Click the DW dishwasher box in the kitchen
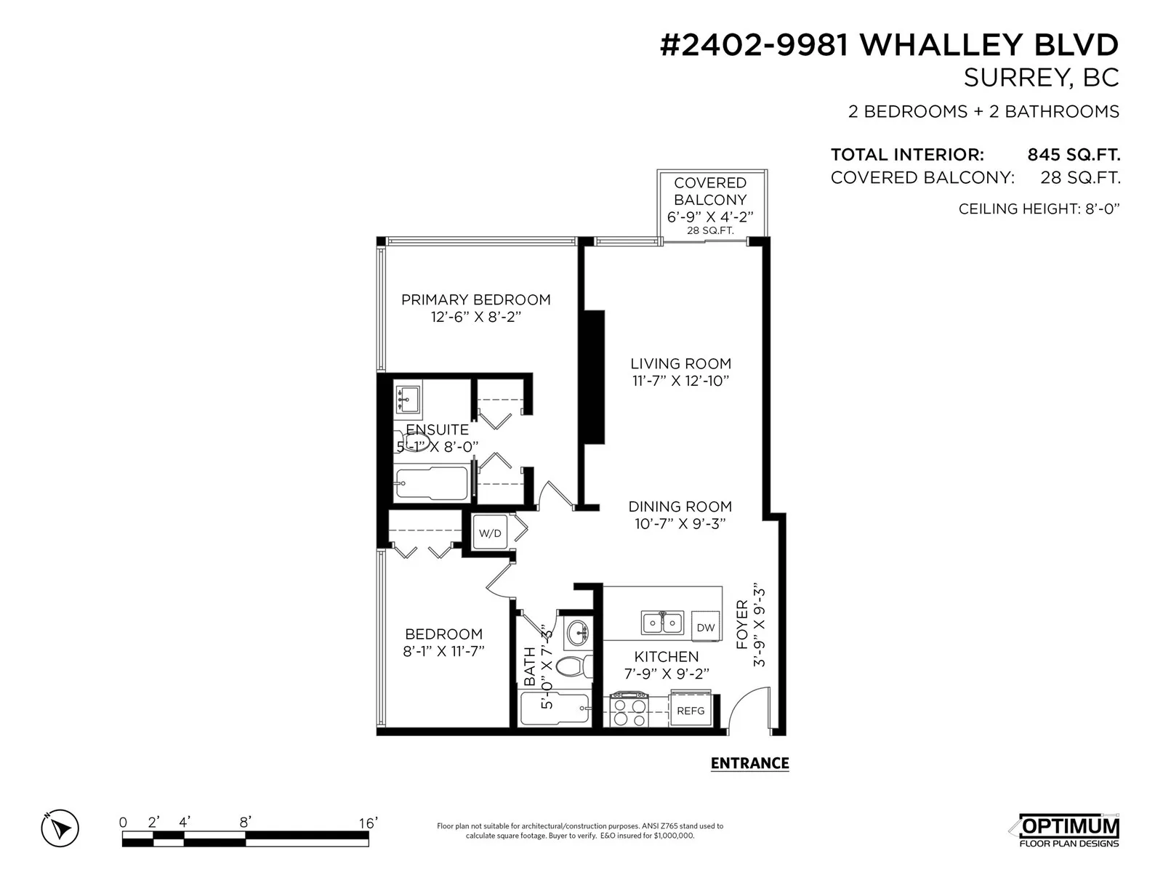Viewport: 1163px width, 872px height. [x=705, y=627]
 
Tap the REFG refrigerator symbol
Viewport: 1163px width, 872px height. [x=691, y=709]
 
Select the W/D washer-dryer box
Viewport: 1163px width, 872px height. [x=490, y=533]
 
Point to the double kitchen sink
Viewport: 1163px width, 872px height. [x=661, y=623]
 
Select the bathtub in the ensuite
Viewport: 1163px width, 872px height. [x=431, y=483]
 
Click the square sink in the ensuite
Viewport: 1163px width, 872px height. [x=408, y=399]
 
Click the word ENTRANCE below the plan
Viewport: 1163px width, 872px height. [x=749, y=763]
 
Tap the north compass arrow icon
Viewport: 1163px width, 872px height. [x=60, y=828]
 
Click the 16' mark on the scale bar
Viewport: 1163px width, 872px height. [x=369, y=823]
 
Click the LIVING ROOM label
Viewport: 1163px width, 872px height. [x=681, y=364]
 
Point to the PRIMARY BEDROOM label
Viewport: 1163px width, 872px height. [x=476, y=299]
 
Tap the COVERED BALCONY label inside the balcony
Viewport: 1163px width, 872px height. [x=710, y=191]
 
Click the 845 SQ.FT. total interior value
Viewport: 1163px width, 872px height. [x=1074, y=155]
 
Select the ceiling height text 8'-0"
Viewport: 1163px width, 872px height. [x=1102, y=209]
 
